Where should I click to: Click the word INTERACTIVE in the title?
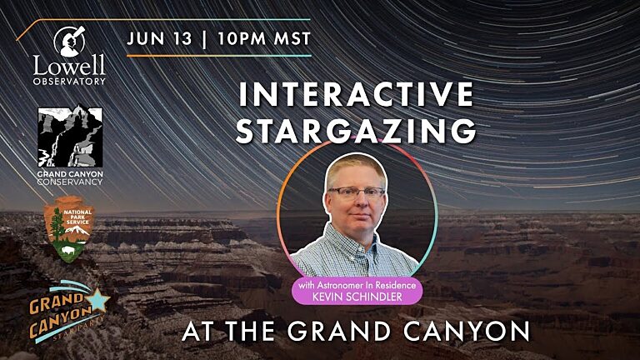[357, 94]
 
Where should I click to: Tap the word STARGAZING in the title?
[357, 131]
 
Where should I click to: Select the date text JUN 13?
[156, 38]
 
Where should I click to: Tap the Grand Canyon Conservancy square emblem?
[70, 137]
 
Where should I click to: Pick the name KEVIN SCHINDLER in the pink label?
[356, 297]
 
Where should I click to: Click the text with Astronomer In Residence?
[356, 286]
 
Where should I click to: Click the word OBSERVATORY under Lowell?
[70, 81]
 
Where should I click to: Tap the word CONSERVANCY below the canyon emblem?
[70, 181]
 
